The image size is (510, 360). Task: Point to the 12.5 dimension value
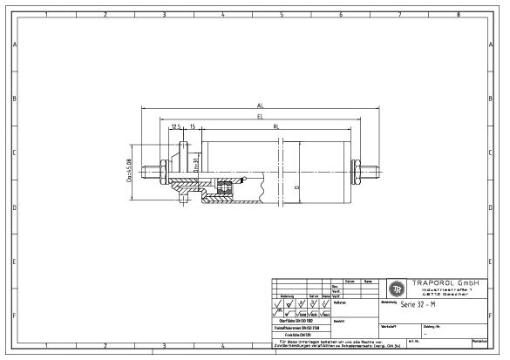coord(176,126)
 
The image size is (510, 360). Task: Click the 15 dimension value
coord(193,126)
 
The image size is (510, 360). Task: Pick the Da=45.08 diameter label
coord(128,165)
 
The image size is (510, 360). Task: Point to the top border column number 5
coord(282,15)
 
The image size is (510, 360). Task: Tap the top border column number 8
coord(459,15)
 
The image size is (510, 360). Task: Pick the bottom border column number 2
coord(105,346)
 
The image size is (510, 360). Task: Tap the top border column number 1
coord(45,15)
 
